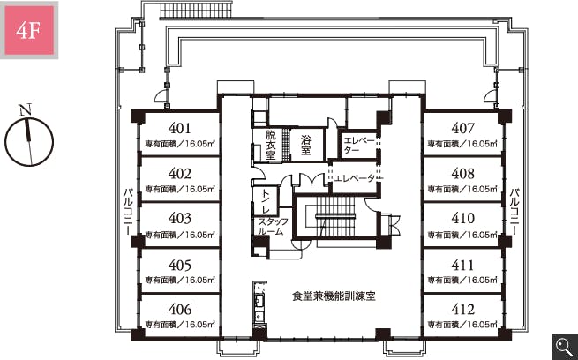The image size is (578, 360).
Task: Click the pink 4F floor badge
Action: coord(29,30)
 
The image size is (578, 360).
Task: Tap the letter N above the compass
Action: coord(25,109)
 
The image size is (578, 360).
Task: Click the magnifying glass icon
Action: coord(565,347)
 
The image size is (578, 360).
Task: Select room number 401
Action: coord(179,128)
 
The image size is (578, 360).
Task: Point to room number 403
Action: coord(179,218)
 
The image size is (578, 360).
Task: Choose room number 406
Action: coord(179,309)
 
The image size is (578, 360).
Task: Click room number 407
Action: coord(462,128)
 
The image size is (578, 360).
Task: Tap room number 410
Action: coord(462,218)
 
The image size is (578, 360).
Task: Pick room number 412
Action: coord(462,309)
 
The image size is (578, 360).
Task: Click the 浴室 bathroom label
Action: coord(306,145)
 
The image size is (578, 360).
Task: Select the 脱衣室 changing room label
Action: coord(271,145)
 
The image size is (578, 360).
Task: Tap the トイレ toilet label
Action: coord(266,201)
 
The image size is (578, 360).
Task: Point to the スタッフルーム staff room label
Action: coord(272,227)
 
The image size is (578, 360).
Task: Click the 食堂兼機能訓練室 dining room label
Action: coord(334,296)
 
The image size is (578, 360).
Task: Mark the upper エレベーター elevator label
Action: coord(358,146)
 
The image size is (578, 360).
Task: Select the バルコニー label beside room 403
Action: coord(128,212)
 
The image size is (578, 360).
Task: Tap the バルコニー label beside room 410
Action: coord(515,212)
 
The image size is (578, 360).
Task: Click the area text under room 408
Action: coord(462,189)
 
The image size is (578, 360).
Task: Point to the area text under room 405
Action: coord(180,280)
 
